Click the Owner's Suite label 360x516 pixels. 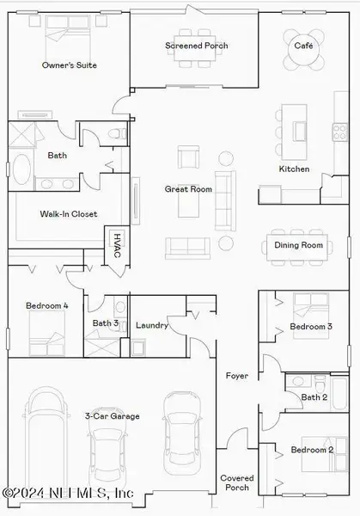70,64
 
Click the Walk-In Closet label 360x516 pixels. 69,214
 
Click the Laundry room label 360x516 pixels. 152,326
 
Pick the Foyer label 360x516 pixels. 236,376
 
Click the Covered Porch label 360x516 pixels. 236,482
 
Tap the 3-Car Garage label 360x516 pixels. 113,416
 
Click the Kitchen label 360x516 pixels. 294,169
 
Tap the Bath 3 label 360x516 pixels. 106,323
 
